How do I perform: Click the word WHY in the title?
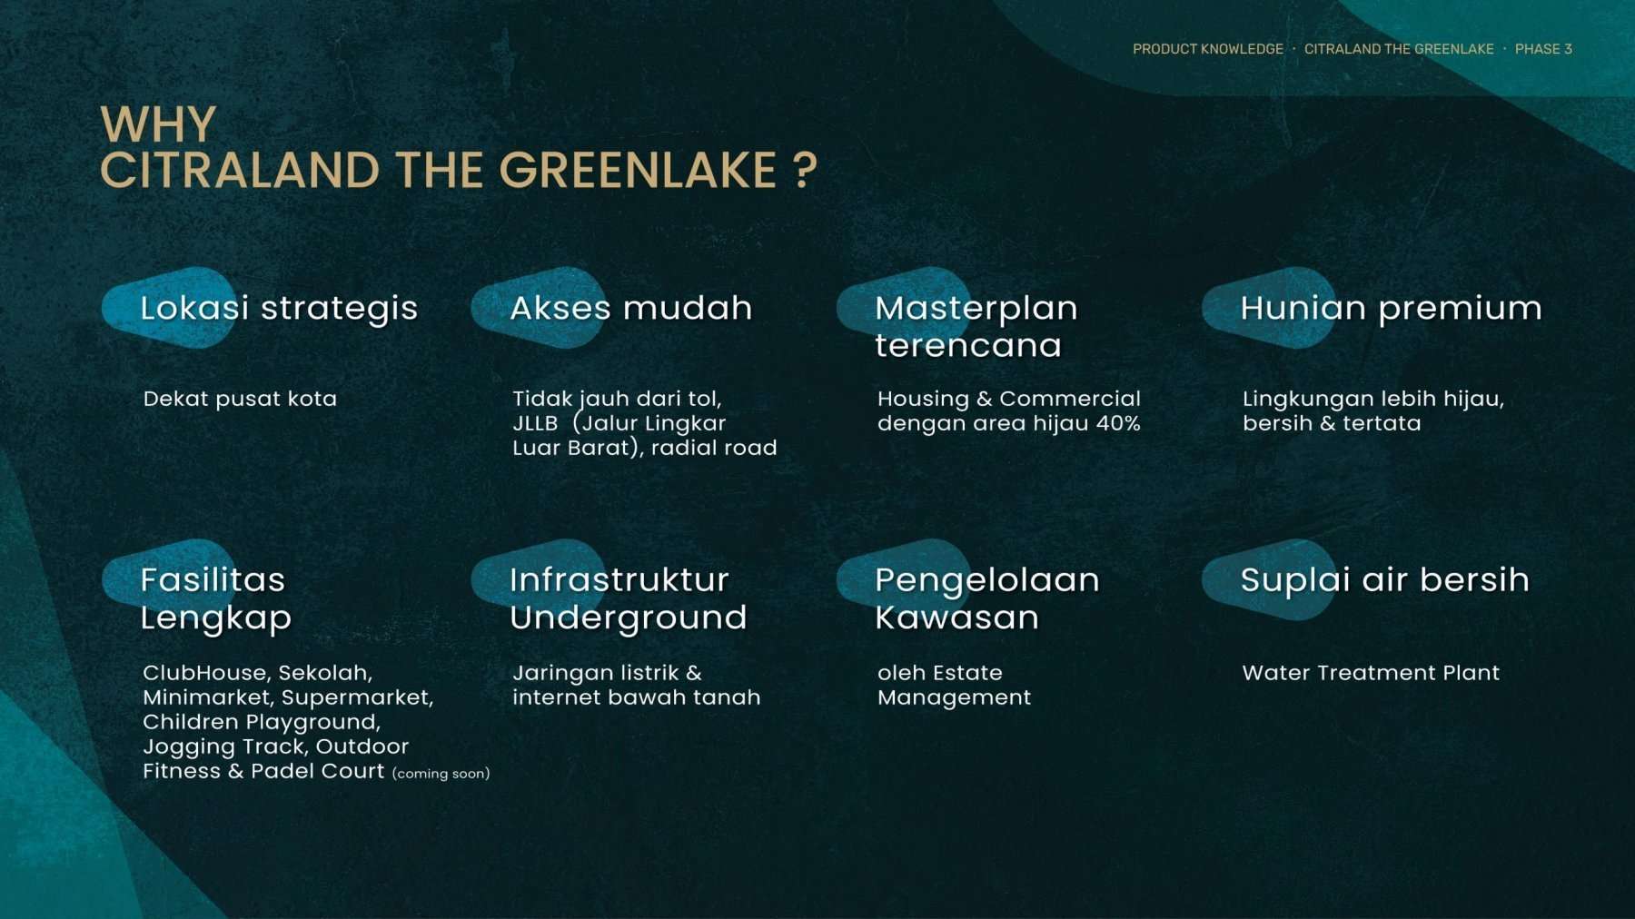pos(158,124)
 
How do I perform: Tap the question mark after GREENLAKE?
pos(805,171)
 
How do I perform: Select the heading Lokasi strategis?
pos(279,309)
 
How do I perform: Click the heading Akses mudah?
pos(631,308)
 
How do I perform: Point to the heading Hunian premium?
pos(1391,309)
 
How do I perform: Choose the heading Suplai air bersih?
pos(1385,580)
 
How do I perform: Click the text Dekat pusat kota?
pos(240,399)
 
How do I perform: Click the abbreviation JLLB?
pos(535,423)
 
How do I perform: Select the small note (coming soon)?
pos(441,774)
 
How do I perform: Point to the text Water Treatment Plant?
pos(1371,673)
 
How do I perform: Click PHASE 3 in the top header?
pos(1543,49)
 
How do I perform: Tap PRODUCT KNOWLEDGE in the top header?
pos(1208,49)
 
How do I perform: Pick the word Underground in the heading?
pos(629,618)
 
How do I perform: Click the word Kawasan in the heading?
pos(957,618)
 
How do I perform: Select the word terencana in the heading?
pos(968,346)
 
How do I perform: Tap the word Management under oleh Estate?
pos(955,697)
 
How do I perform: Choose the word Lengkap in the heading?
pos(216,618)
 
